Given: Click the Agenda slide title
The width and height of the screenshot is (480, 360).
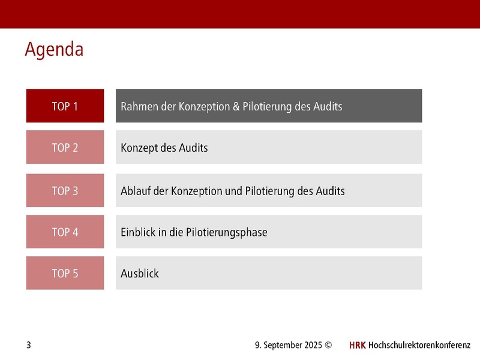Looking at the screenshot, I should pyautogui.click(x=54, y=49).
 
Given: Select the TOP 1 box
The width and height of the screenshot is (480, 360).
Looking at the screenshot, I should pyautogui.click(x=65, y=106).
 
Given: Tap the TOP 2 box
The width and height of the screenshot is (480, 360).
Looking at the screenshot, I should pyautogui.click(x=65, y=147).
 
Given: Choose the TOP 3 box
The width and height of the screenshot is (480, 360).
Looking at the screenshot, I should pyautogui.click(x=65, y=191).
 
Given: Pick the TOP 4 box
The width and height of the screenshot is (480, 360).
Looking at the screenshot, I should pyautogui.click(x=65, y=232).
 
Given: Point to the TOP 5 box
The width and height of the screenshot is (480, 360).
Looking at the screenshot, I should pyautogui.click(x=65, y=273).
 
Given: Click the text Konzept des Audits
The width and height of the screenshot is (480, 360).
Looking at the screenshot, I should pyautogui.click(x=164, y=148).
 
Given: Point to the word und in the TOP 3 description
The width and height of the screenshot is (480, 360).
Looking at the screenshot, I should pyautogui.click(x=234, y=191).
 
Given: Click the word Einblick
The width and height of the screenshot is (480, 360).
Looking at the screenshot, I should pyautogui.click(x=138, y=232).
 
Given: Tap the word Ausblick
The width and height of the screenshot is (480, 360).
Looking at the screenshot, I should pyautogui.click(x=140, y=274).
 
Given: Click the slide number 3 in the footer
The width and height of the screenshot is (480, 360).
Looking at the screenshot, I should pyautogui.click(x=28, y=345).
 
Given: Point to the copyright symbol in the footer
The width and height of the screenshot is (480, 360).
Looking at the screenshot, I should pyautogui.click(x=328, y=345).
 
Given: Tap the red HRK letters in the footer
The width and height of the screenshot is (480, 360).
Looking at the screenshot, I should pyautogui.click(x=357, y=345).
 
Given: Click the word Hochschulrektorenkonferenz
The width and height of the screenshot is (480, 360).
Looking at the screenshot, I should pyautogui.click(x=419, y=345).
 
